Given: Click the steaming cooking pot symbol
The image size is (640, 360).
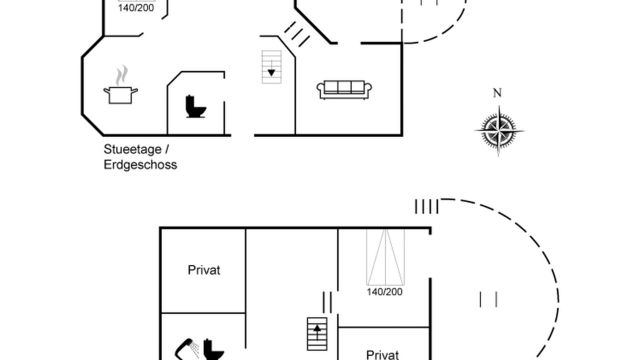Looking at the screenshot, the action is (120, 84).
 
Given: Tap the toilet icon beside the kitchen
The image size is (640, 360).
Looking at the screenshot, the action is (195, 106).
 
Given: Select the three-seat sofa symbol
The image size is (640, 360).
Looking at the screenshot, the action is (344, 90).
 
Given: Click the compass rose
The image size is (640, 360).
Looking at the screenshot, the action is (499, 131).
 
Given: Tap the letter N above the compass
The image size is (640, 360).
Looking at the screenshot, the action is (497, 93).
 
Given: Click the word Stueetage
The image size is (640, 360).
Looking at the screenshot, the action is (133, 149).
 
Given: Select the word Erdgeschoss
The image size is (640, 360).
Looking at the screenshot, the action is (140, 165).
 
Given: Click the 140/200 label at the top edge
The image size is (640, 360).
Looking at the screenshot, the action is (136, 8).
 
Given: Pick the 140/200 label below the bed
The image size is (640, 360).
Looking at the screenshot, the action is (384, 291).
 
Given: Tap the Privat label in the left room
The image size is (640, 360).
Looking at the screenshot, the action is (204, 270).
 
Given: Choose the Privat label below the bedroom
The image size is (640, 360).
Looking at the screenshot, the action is (382, 355).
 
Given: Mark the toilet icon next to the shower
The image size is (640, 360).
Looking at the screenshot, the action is (213, 349).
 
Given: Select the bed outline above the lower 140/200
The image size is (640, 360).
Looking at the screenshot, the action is (385, 257).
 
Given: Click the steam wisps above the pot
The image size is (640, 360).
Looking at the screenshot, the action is (121, 75).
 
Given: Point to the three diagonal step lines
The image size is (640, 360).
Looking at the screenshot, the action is (297, 34).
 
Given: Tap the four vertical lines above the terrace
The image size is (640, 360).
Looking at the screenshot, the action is (426, 206).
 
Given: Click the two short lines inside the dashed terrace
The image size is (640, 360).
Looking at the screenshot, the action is (488, 299).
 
